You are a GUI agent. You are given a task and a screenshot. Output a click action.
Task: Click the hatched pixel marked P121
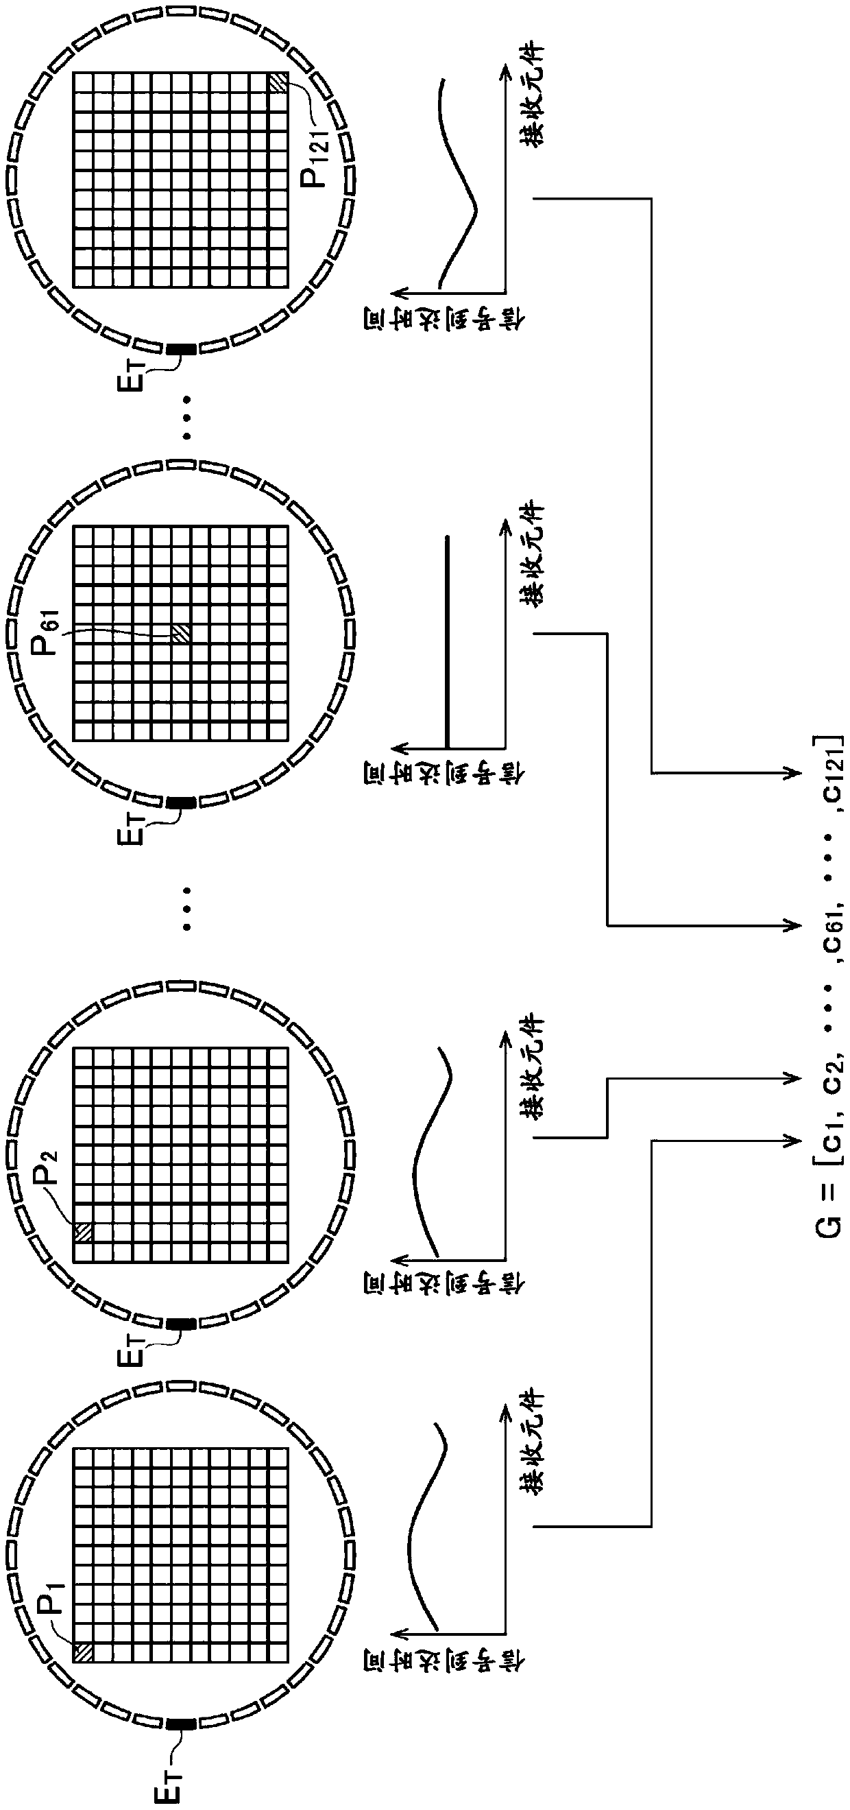[278, 84]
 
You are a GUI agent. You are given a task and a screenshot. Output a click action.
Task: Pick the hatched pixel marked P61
[181, 633]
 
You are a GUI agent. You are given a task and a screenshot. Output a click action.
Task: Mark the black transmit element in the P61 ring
[181, 802]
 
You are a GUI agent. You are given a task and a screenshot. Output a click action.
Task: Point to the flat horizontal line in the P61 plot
[448, 639]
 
